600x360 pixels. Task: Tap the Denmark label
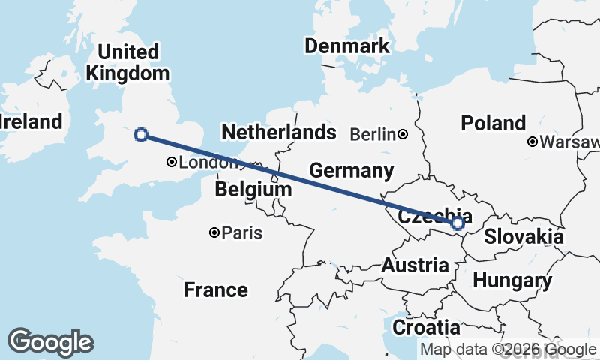click(347, 46)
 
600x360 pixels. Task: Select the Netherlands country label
click(279, 133)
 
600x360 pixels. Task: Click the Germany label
click(352, 171)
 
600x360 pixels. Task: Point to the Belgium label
click(253, 190)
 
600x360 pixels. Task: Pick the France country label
click(216, 289)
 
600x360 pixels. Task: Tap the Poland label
click(493, 124)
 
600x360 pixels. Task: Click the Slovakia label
click(523, 237)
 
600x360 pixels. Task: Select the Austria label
click(415, 265)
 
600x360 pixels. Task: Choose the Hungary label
click(513, 281)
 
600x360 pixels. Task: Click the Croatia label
click(426, 328)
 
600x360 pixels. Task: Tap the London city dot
click(172, 162)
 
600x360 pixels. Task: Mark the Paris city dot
click(214, 233)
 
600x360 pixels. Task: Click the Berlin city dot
click(403, 135)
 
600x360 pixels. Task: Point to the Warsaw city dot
click(532, 142)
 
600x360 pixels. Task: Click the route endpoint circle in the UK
click(139, 135)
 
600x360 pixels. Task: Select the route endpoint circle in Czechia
click(457, 223)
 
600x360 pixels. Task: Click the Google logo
click(50, 342)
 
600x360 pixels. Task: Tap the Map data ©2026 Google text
click(508, 349)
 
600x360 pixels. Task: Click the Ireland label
click(30, 122)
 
